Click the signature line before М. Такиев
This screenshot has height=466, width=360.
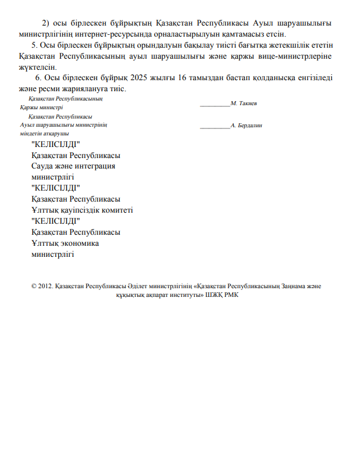click(215, 104)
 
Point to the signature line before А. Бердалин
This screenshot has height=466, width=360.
click(215, 126)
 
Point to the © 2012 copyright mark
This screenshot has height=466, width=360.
click(42, 286)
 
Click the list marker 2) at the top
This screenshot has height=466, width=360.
click(46, 23)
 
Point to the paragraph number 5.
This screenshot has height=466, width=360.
click(34, 45)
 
